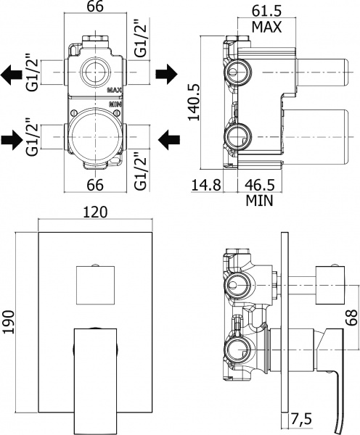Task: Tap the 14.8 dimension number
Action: tap(208, 184)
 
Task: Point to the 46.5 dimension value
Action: tap(258, 184)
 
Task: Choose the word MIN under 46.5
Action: tap(258, 200)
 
